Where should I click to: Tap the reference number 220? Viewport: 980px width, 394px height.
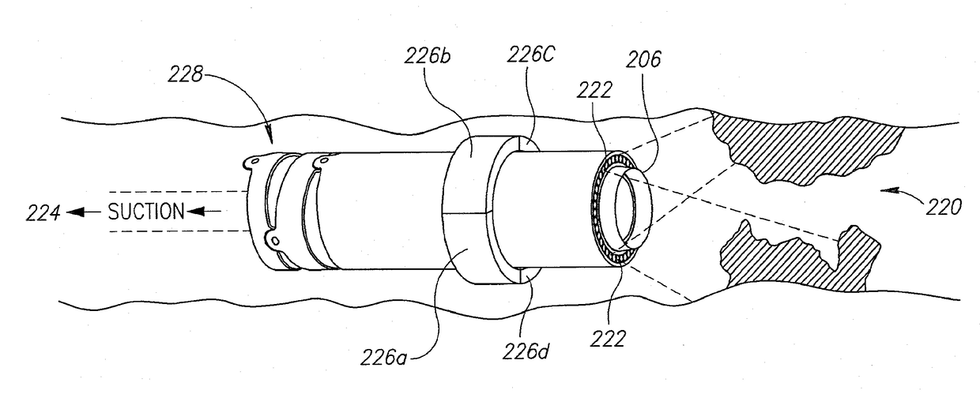(945, 208)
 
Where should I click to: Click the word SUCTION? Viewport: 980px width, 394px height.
(146, 211)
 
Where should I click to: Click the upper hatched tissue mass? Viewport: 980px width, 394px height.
(806, 142)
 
